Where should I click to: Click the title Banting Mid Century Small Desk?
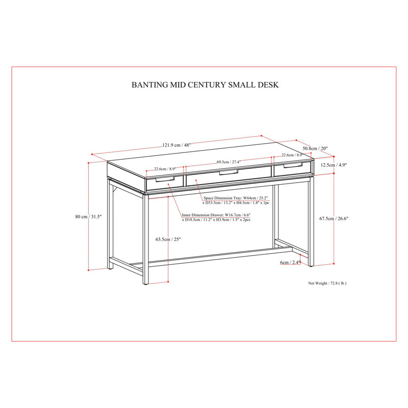(x=205, y=85)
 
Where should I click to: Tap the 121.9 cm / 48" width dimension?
(x=176, y=145)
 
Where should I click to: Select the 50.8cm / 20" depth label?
(x=315, y=148)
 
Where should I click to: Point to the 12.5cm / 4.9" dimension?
(x=334, y=165)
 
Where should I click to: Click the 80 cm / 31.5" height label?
(x=88, y=216)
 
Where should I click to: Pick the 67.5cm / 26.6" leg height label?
(x=334, y=219)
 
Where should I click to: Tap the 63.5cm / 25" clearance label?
(x=168, y=239)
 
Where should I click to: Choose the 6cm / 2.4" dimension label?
(x=290, y=262)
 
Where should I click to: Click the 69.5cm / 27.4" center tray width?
(x=228, y=162)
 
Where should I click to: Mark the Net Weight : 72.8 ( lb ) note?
(x=327, y=283)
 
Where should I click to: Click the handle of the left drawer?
(x=165, y=179)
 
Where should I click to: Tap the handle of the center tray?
(x=228, y=172)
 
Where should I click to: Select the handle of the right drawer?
(x=293, y=165)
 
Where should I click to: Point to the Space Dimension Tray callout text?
(x=236, y=200)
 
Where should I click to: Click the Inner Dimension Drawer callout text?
(x=216, y=217)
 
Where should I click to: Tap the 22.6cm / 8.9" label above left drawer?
(x=165, y=169)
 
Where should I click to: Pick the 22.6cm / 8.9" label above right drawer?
(x=292, y=155)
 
